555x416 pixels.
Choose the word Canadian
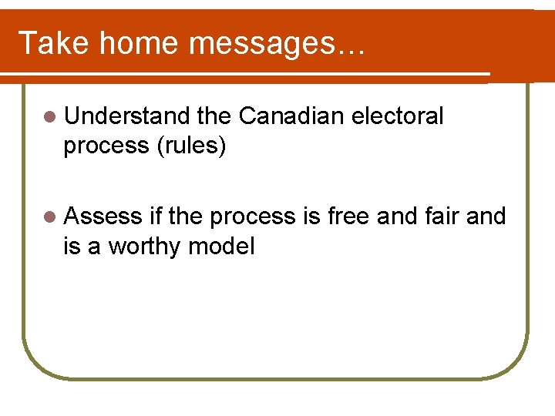point(291,116)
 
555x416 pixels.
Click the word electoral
point(397,116)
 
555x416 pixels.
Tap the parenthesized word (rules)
point(191,146)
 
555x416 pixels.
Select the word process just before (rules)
point(106,146)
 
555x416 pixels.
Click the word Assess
point(103,216)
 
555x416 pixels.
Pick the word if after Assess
point(155,216)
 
